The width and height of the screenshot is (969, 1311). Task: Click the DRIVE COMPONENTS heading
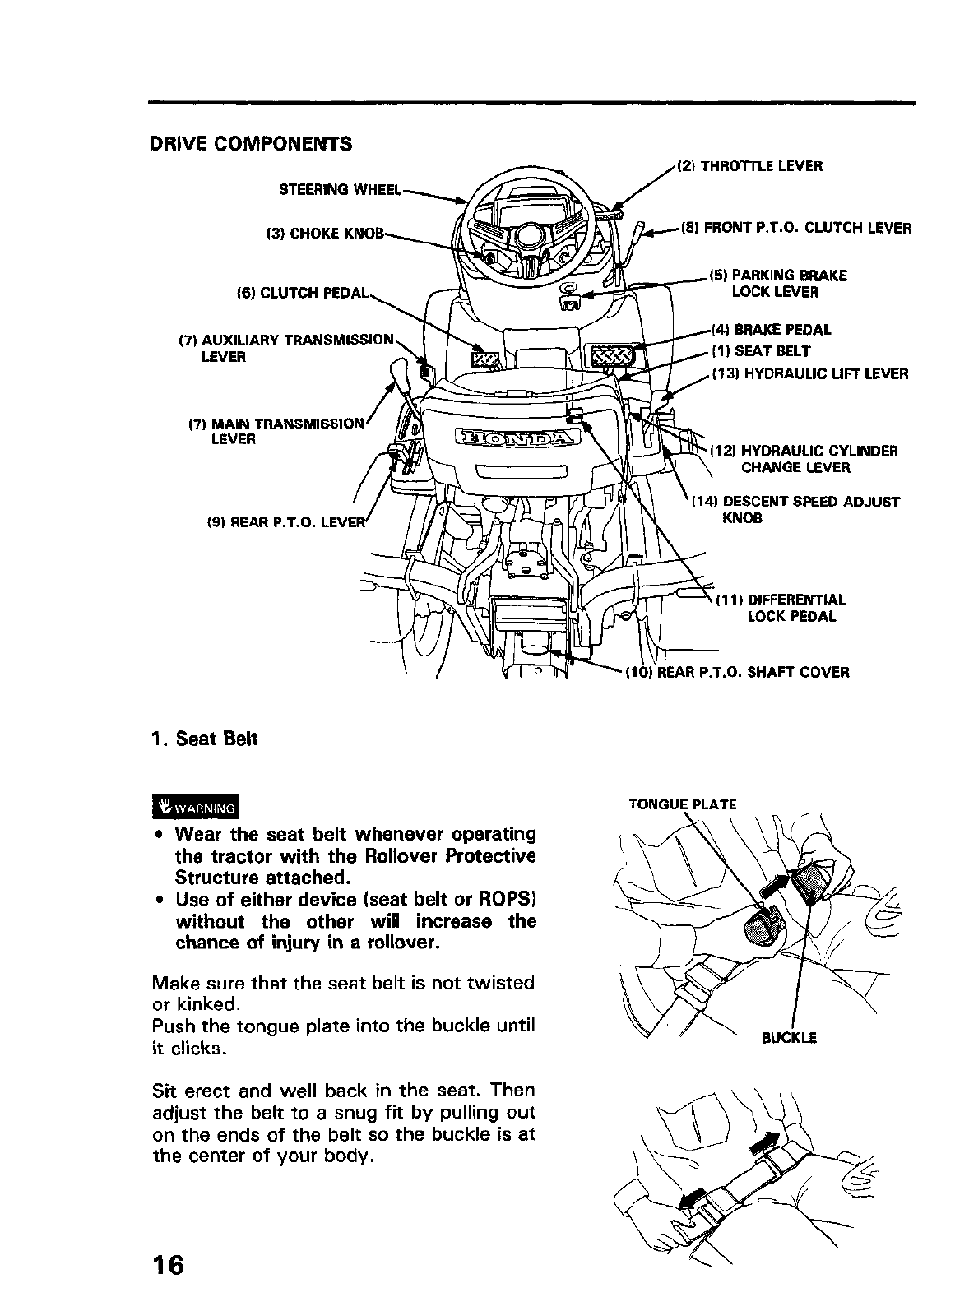250,144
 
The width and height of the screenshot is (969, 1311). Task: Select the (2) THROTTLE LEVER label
749,166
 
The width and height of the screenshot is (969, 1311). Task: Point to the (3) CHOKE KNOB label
325,233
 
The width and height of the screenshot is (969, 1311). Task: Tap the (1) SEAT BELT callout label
761,351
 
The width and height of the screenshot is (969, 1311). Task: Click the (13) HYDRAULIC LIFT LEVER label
809,374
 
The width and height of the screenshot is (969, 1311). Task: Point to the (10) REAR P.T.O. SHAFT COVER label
737,672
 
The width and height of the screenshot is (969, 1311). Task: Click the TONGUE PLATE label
683,804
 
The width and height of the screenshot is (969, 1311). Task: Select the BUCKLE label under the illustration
789,1038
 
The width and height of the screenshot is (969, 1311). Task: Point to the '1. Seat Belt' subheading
205,739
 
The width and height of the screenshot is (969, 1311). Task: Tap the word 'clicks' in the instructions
198,1049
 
